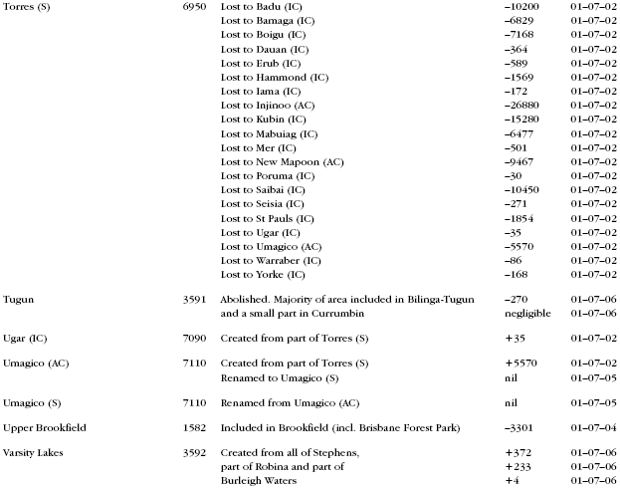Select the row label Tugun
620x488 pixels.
pos(19,298)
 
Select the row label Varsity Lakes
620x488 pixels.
pos(34,453)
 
